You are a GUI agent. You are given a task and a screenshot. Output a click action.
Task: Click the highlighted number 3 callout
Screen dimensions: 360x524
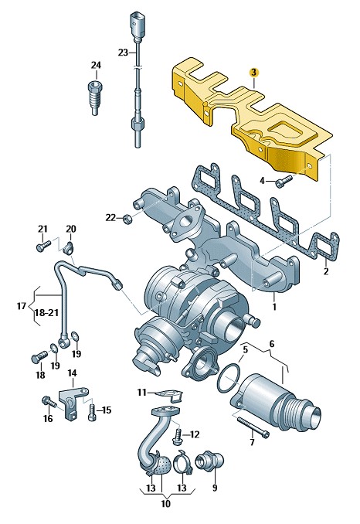pos(253,72)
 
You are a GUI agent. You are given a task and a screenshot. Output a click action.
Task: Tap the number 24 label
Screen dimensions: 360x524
pos(96,65)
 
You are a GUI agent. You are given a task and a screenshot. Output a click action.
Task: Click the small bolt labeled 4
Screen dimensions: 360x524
pos(284,181)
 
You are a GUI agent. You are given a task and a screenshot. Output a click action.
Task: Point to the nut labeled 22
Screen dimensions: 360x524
pos(127,219)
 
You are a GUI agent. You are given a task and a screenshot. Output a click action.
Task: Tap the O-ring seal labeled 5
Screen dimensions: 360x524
pos(229,378)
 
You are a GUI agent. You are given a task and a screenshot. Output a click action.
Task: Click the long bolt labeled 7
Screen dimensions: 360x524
pos(253,427)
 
